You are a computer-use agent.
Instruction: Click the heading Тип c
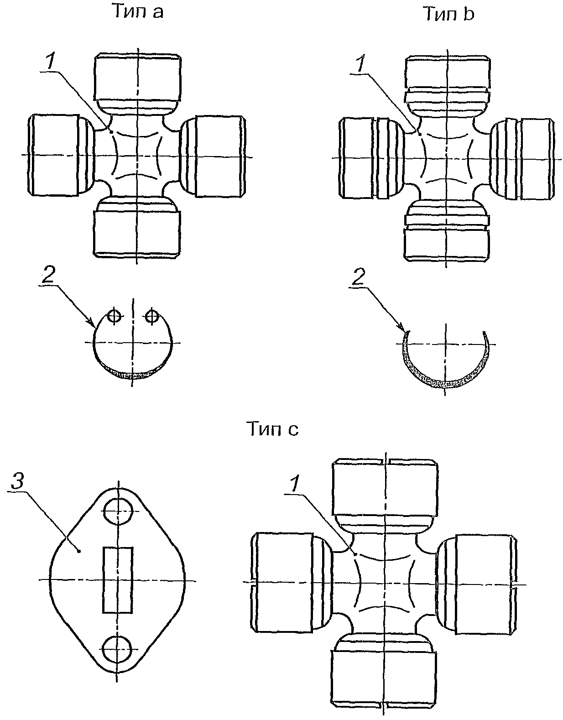pos(273,429)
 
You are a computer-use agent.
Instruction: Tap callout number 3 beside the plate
pos(18,481)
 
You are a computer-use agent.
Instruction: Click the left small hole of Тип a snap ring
pos(114,317)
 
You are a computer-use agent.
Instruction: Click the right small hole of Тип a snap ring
pos(152,317)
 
